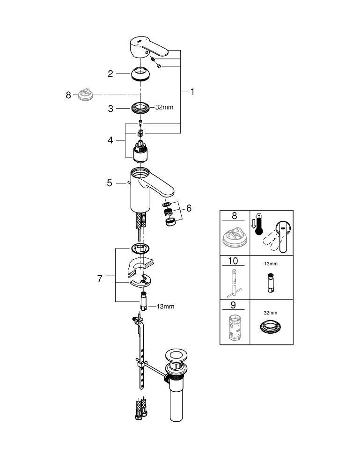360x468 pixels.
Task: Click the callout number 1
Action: [x=192, y=92]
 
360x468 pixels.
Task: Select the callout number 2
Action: [x=110, y=74]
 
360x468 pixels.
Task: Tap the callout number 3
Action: [x=111, y=109]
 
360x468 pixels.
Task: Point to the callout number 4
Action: [x=110, y=140]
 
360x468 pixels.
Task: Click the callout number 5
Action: [x=110, y=183]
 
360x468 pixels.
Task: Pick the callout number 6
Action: [x=189, y=208]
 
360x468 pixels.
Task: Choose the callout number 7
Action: [x=100, y=279]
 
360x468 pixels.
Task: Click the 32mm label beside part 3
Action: [x=164, y=108]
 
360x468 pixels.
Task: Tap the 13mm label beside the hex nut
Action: [x=165, y=307]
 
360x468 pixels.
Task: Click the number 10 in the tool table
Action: [x=233, y=261]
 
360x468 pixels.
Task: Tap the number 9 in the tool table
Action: [x=233, y=305]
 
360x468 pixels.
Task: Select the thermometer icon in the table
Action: [x=258, y=225]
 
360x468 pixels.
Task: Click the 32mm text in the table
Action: [x=271, y=313]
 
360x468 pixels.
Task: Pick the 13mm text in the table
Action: [x=271, y=264]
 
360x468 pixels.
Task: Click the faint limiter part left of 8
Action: [x=86, y=95]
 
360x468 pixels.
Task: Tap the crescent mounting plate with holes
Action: [x=141, y=280]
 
